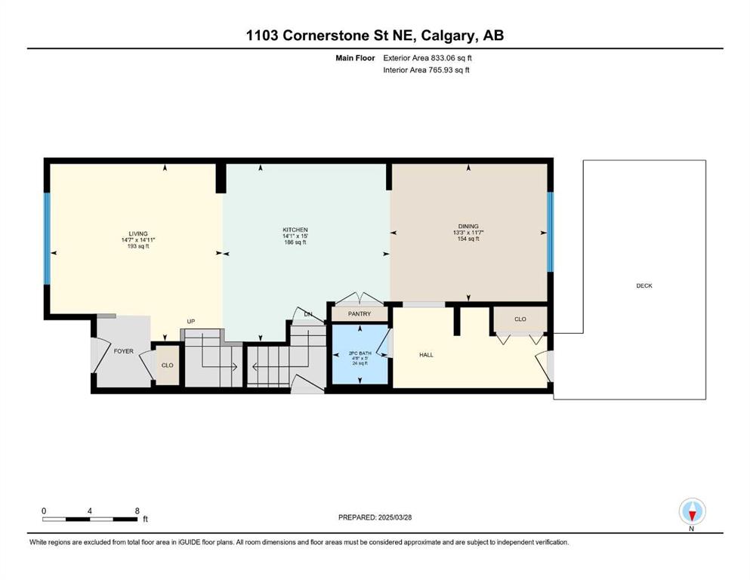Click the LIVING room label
(x=137, y=234)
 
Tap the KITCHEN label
(x=295, y=230)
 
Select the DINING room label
(x=468, y=226)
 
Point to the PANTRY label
(x=360, y=313)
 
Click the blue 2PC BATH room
(x=360, y=354)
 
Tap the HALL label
(x=426, y=355)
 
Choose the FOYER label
(x=123, y=351)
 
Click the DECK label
(x=644, y=285)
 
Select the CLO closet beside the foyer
(x=167, y=366)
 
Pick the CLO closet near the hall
(x=520, y=319)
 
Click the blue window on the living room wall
(x=47, y=239)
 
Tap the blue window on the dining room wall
(x=550, y=232)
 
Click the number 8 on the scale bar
(x=137, y=511)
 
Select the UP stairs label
(x=191, y=321)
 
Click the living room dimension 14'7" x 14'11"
(x=138, y=240)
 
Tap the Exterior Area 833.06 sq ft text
(x=427, y=58)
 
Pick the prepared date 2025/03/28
(x=394, y=517)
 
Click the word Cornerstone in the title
(x=326, y=35)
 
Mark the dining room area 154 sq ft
(x=468, y=239)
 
